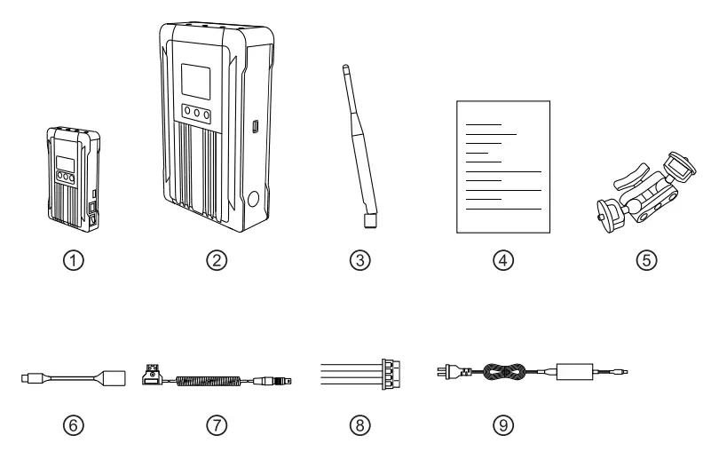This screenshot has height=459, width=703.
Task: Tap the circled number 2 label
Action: (217, 261)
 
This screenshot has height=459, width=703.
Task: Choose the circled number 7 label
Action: (217, 425)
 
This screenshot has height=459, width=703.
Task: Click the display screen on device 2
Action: (194, 83)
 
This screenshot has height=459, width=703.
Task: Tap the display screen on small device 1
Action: (65, 164)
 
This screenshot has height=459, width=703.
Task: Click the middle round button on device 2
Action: (194, 115)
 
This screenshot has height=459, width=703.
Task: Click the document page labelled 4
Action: (502, 166)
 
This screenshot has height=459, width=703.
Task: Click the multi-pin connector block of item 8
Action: (388, 374)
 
